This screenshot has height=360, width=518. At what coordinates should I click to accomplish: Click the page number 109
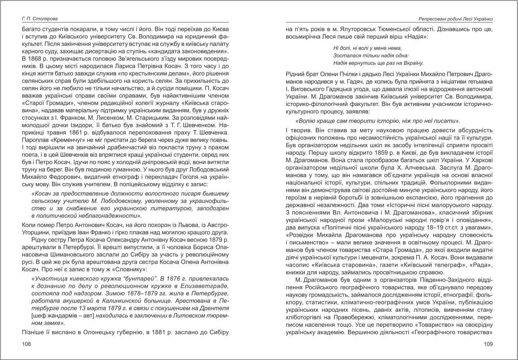(488, 344)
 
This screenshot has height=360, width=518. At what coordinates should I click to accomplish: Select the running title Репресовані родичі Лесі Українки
(456, 19)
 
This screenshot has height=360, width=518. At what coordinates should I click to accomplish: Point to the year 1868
(34, 58)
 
